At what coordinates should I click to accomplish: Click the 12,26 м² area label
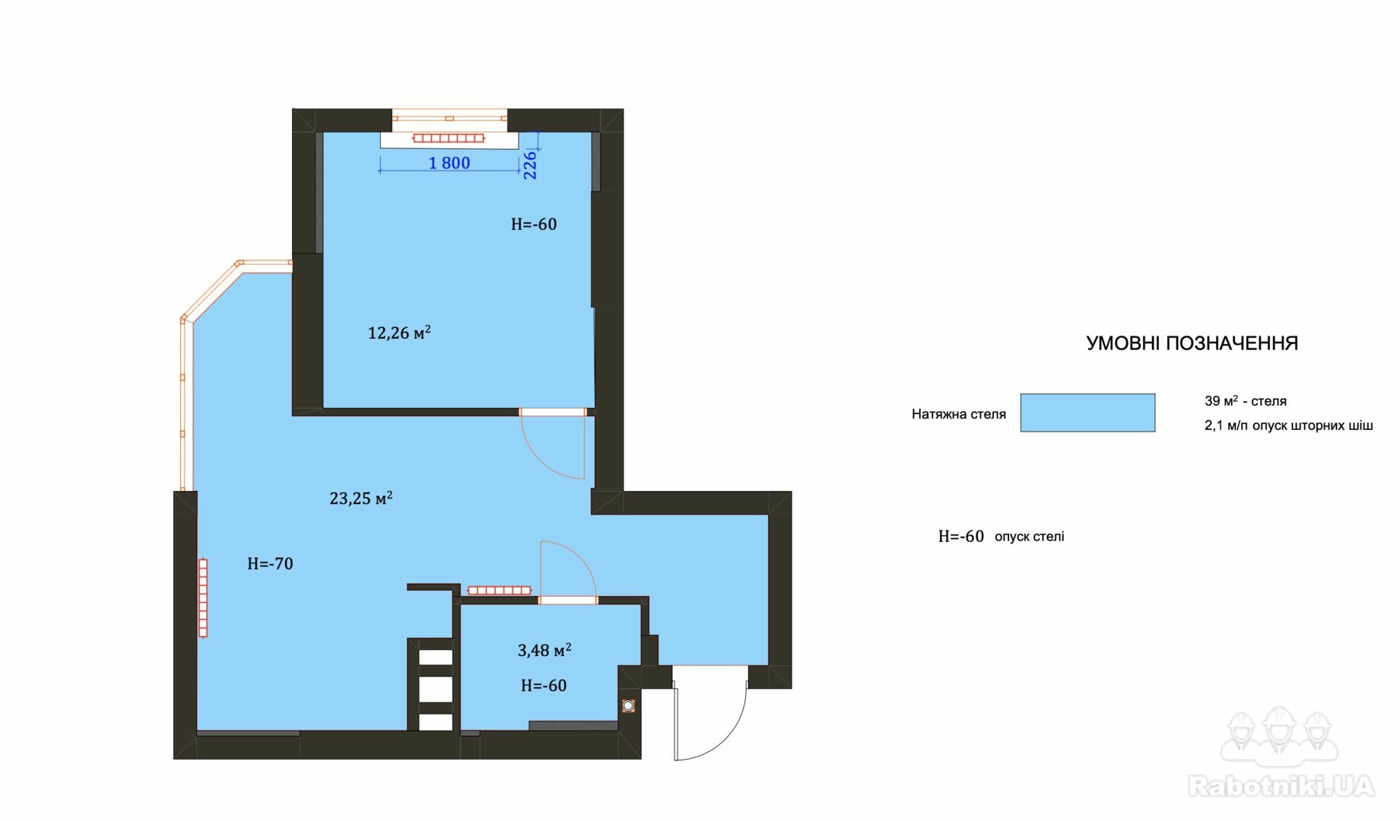[x=399, y=333]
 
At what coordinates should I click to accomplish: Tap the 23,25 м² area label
[x=361, y=498]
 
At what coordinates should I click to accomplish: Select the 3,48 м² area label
[x=544, y=650]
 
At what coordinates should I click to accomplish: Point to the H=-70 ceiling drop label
[x=270, y=564]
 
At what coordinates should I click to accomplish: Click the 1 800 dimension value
[x=449, y=163]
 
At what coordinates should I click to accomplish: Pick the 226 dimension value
[x=530, y=164]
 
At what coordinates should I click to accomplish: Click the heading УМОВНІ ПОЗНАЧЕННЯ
[x=1192, y=343]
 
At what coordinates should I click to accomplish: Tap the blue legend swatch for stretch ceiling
[x=1087, y=413]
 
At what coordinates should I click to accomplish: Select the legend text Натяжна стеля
[x=959, y=414]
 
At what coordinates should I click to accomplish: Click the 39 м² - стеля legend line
[x=1246, y=400]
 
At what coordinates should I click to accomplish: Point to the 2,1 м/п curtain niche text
[x=1289, y=425]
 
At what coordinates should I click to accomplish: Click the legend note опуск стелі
[x=1030, y=537]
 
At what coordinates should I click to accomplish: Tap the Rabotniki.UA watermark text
[x=1281, y=786]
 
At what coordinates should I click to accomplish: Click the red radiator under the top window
[x=449, y=138]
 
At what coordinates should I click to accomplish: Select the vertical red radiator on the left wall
[x=203, y=597]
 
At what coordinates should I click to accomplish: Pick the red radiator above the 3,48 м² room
[x=499, y=590]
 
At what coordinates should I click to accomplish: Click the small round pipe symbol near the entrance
[x=628, y=706]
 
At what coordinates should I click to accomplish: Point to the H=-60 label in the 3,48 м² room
[x=544, y=686]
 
